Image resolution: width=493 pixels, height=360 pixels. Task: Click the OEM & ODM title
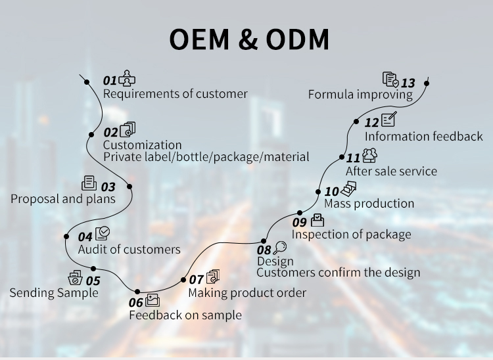249,39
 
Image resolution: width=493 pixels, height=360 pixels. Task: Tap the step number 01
109,81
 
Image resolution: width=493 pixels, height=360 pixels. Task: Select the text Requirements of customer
175,94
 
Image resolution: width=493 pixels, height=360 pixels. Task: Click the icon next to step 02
128,130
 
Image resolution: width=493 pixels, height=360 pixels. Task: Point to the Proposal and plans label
63,198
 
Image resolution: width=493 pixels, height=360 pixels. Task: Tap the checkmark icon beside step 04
103,234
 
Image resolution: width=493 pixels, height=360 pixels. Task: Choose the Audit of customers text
129,249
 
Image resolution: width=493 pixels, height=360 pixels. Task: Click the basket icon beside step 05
76,279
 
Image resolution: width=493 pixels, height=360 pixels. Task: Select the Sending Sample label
54,292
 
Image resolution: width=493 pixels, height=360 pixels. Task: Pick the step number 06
135,302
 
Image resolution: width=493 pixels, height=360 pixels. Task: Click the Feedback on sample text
185,315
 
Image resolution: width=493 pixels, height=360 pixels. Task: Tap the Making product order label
247,292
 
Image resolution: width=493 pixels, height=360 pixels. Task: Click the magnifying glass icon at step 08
281,247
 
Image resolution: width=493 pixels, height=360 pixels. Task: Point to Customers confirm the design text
338,273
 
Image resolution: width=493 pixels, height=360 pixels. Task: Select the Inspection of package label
351,235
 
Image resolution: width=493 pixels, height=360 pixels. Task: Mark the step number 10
331,192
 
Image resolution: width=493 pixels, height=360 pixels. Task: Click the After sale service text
391,171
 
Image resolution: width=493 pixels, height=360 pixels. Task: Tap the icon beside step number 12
389,120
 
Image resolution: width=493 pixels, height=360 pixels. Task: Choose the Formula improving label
360,94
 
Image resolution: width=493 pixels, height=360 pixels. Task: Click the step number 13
408,83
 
